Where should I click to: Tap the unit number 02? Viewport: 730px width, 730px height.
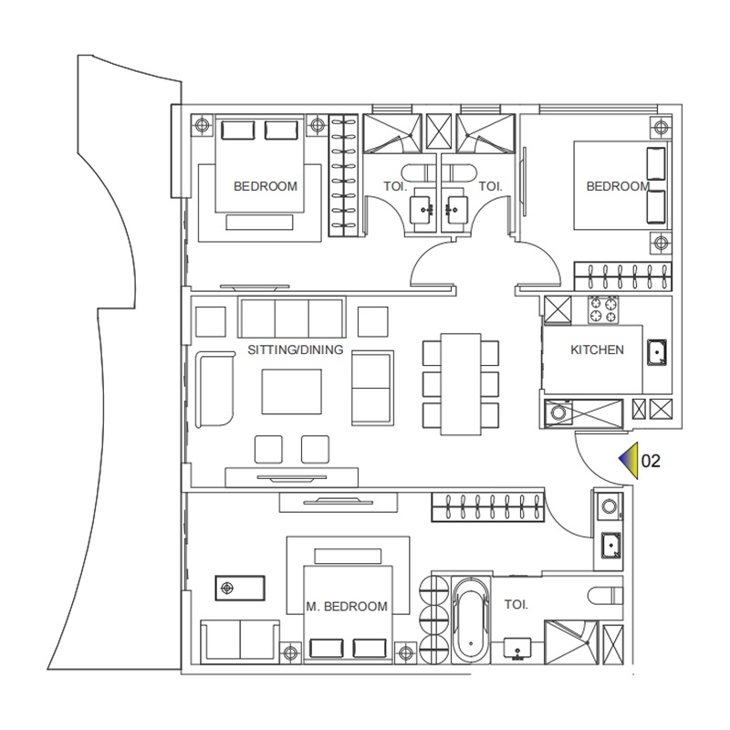pos(651,462)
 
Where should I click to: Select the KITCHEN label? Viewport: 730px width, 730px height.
pos(597,349)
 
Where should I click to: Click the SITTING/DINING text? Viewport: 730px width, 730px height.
pos(295,349)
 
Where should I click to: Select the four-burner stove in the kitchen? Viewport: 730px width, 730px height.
pos(603,309)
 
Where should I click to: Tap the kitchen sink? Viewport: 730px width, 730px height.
pos(656,351)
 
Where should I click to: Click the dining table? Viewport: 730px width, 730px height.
pos(461,382)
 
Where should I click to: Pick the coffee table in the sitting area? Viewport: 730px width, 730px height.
pos(291,391)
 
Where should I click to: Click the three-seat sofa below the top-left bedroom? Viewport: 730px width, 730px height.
pos(291,318)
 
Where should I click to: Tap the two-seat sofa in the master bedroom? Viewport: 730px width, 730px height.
pos(239,639)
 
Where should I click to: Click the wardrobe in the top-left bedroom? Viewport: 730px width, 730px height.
pos(343,177)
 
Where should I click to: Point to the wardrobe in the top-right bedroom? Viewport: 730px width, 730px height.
pos(622,275)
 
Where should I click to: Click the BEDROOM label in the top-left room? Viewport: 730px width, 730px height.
pos(266,186)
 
